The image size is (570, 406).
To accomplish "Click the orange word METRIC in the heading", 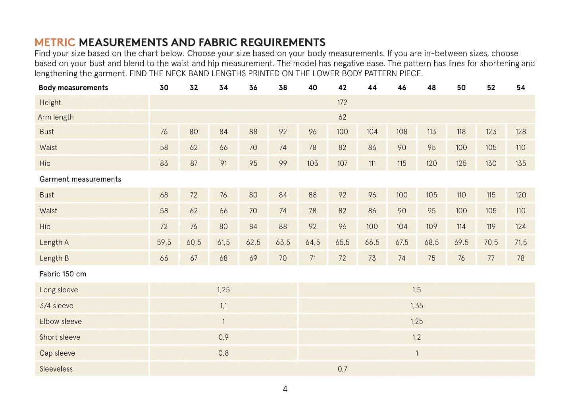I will [55, 42].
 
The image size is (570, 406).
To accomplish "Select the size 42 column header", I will [342, 88].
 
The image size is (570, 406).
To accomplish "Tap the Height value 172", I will [342, 102].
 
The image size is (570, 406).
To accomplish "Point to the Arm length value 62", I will [342, 117].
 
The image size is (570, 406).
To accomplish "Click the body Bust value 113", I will [431, 132].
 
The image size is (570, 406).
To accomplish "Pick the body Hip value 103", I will [312, 163].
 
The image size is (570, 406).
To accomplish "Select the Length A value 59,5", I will [164, 242].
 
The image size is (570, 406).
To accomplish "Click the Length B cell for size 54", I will [520, 258].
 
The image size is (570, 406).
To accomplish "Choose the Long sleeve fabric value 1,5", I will [416, 290].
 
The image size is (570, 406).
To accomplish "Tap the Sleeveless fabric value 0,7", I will [342, 369].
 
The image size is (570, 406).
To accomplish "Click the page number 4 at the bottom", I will [285, 389].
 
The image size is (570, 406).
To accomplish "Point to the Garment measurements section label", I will [80, 179].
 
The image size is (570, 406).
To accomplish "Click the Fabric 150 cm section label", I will [63, 274].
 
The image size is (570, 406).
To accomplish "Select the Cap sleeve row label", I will [57, 353].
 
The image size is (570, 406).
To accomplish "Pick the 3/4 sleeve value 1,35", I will [416, 306].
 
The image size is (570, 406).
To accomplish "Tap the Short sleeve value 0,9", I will [223, 337].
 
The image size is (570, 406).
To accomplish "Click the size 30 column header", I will [164, 88].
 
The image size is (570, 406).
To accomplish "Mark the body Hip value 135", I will [520, 163].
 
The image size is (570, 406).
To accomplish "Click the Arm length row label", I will [56, 117].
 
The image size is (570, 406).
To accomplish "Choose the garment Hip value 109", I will [431, 226].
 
